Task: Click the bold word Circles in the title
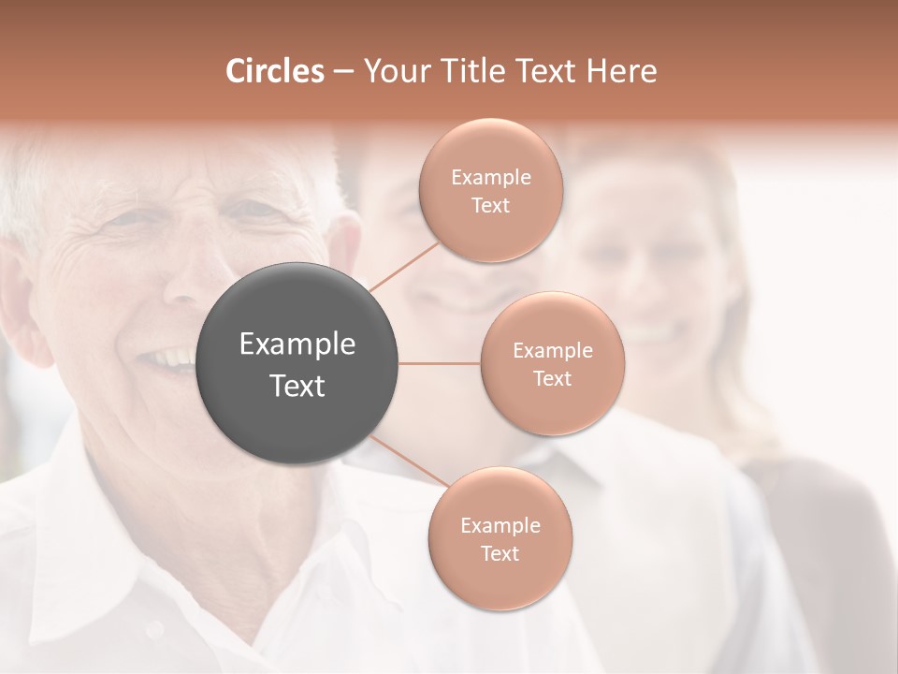(274, 71)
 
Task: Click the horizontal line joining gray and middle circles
(440, 363)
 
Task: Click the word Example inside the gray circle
(297, 344)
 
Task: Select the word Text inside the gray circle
(297, 386)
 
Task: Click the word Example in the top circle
(491, 178)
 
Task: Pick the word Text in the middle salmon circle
(553, 379)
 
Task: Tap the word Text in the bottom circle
(500, 553)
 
